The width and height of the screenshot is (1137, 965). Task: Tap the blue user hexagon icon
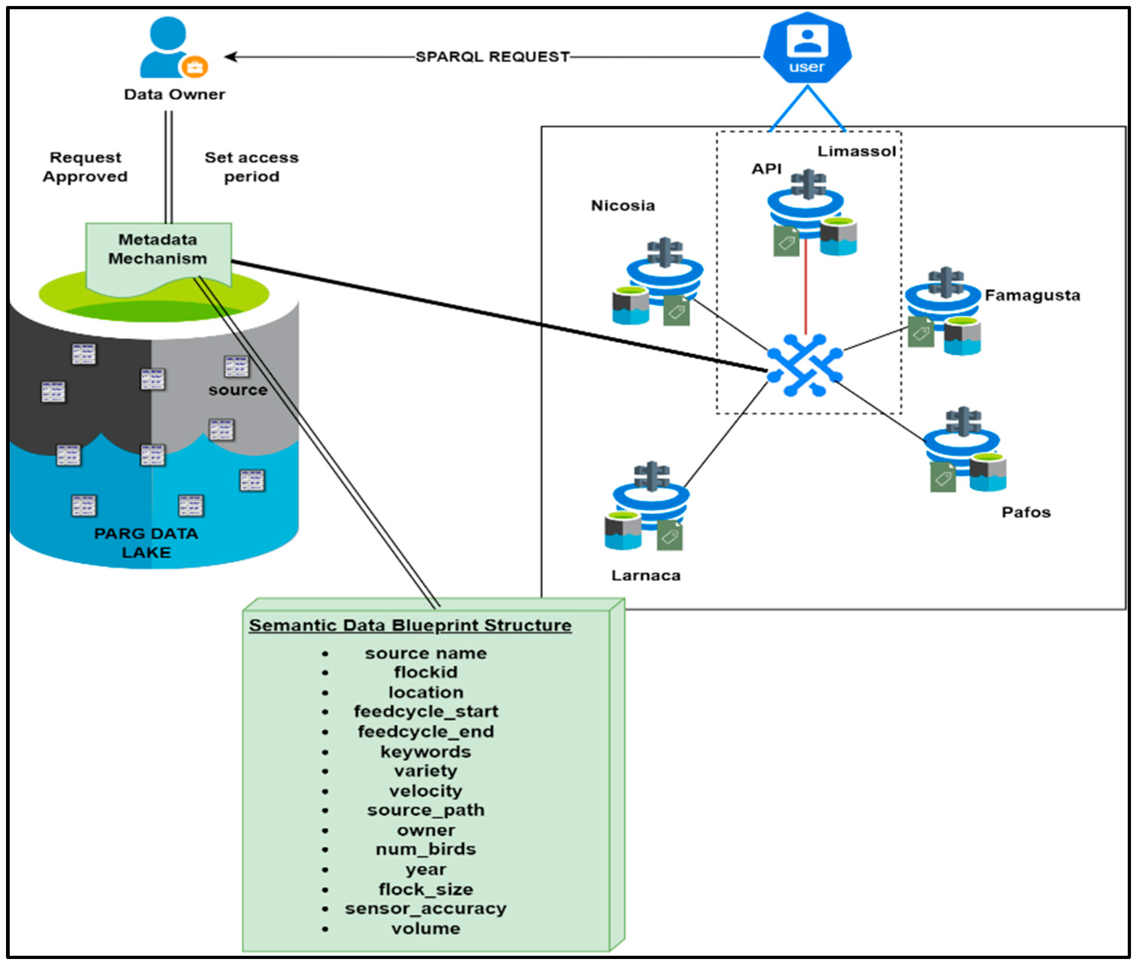point(806,48)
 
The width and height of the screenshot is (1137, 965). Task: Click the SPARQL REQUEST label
point(492,57)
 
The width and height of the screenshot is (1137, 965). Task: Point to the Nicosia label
point(623,206)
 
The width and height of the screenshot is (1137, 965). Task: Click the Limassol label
point(856,152)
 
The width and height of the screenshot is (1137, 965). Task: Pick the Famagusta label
point(1032,295)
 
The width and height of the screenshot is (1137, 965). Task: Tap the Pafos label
point(1026,513)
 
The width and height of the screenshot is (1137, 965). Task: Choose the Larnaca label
point(645,575)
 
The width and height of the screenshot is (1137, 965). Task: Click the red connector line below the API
point(805,287)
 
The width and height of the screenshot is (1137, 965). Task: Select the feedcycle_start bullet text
point(426,712)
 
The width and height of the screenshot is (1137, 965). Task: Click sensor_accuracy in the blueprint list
point(426,909)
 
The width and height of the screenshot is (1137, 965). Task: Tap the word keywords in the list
point(426,751)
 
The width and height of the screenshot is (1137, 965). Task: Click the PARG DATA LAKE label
point(146,543)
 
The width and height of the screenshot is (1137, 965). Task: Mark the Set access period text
point(252,167)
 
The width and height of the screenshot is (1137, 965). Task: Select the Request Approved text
point(86,167)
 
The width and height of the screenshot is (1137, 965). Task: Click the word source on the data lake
point(238,390)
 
